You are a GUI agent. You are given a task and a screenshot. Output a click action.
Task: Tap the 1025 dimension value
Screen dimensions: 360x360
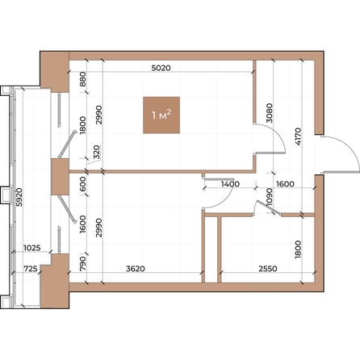click(32, 249)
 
